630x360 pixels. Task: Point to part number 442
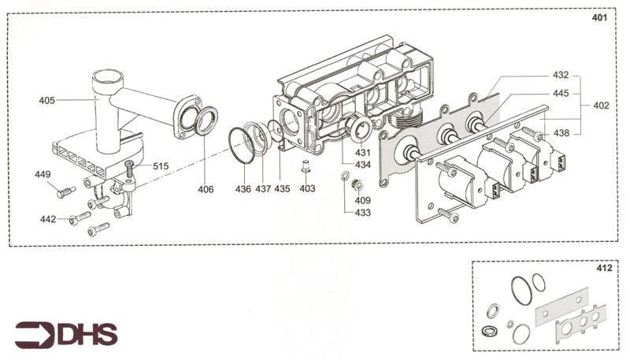[x=48, y=219]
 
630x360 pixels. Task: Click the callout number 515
[x=161, y=166]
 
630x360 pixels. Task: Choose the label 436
[x=243, y=189]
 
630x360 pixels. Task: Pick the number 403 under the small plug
[x=307, y=189]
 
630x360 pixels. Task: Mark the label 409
[x=363, y=200]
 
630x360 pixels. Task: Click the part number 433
[x=363, y=213]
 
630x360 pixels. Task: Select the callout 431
[x=363, y=152]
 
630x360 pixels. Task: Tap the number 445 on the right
[x=561, y=94]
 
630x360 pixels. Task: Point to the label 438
[x=561, y=134]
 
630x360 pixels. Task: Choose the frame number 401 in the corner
[x=600, y=18]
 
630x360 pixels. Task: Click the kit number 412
[x=605, y=269]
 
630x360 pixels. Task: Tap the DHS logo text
[x=87, y=335]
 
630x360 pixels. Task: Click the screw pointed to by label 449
[x=65, y=191]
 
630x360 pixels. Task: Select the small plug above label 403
[x=306, y=167]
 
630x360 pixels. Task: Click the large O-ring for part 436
[x=242, y=146]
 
